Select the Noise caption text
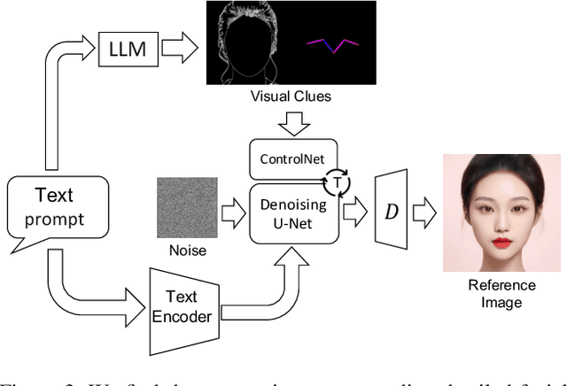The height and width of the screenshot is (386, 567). pos(187,251)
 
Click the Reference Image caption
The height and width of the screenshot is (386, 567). pos(502,293)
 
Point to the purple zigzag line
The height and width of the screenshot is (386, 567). pos(333,44)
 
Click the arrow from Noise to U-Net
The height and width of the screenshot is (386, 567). pos(233,211)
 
